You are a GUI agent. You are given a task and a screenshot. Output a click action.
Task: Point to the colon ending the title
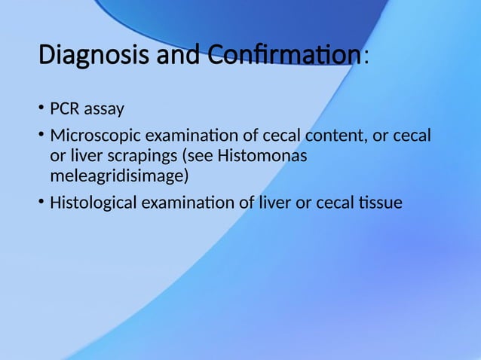click(x=366, y=58)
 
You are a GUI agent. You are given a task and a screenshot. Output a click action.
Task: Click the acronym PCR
click(x=65, y=110)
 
